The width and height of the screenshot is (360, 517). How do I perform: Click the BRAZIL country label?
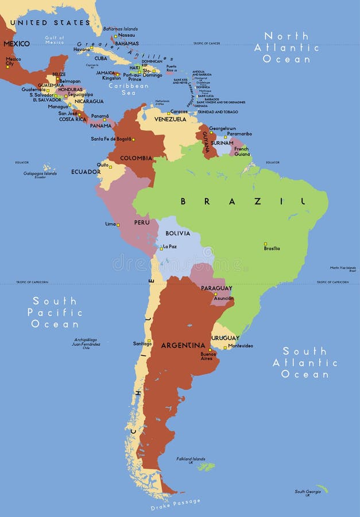tap(242, 201)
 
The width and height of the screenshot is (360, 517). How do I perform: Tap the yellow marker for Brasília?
tap(265, 244)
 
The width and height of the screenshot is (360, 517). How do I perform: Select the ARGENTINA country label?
tap(183, 345)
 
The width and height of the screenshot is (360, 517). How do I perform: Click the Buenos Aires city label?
tap(208, 356)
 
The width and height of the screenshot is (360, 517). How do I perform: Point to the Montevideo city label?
tap(240, 346)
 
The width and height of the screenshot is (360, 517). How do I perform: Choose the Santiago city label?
tap(142, 344)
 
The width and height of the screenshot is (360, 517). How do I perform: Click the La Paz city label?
tap(169, 246)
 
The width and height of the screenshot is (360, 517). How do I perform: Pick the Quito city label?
tap(102, 164)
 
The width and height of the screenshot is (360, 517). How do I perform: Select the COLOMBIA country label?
tap(136, 158)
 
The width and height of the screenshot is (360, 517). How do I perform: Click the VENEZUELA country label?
tap(170, 119)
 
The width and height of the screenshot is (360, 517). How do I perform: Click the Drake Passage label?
tap(176, 505)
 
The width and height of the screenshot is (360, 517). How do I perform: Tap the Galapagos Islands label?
tap(40, 174)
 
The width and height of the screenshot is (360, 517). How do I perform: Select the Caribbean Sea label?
tap(129, 89)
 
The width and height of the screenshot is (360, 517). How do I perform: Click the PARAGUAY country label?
tap(216, 288)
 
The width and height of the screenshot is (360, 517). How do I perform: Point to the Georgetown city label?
tap(222, 129)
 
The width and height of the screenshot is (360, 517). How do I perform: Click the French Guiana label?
tap(242, 152)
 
